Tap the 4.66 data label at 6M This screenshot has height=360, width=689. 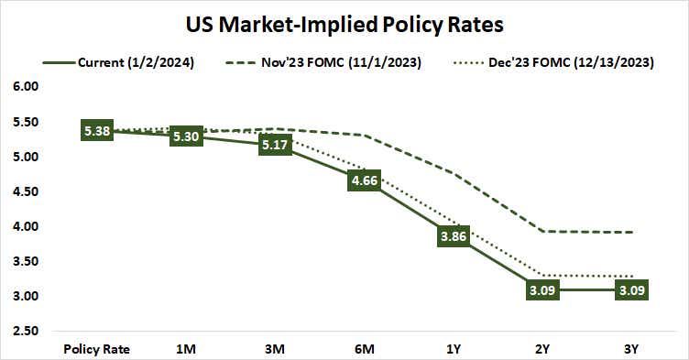pos(365,181)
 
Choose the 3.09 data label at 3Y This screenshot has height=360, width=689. pos(632,290)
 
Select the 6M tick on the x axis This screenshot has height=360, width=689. pos(365,349)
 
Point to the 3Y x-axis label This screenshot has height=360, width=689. pos(632,349)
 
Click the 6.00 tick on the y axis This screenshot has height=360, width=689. pos(26,87)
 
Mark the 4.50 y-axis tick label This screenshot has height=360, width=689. pos(26,191)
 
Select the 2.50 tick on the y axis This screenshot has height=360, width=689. pos(26,331)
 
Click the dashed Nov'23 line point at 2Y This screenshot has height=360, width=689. pos(542,231)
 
